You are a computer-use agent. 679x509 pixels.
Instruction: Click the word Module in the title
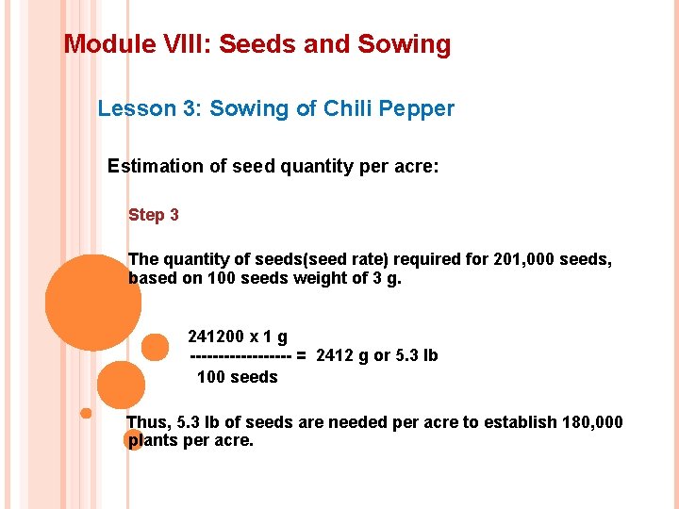(x=102, y=44)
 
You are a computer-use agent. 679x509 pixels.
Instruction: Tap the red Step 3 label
(x=154, y=215)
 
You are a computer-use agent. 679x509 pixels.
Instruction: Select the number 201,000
(x=524, y=259)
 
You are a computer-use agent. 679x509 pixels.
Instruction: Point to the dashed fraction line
(x=240, y=356)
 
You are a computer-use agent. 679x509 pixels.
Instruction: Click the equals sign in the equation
(x=301, y=356)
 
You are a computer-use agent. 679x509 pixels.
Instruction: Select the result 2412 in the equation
(x=335, y=356)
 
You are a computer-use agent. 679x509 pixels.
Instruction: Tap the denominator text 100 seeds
(x=237, y=377)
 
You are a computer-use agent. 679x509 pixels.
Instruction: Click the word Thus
(x=147, y=422)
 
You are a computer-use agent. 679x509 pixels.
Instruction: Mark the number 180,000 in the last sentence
(x=591, y=422)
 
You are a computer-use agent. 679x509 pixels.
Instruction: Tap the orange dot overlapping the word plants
(x=134, y=439)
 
